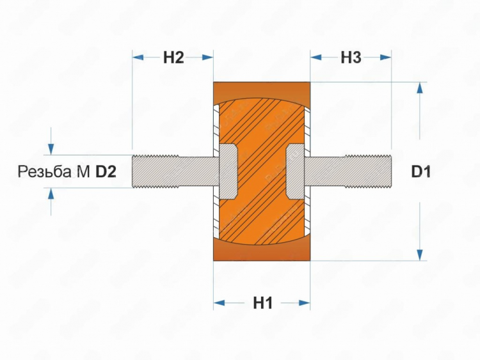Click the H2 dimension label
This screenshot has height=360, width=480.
(x=173, y=58)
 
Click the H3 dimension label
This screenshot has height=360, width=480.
(x=351, y=58)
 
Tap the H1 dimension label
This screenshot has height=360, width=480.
(x=262, y=304)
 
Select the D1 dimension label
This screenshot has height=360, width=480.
(x=421, y=171)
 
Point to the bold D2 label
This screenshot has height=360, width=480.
(x=106, y=171)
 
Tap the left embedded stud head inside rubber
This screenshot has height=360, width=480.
(x=228, y=171)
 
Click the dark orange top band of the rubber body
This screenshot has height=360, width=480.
(x=262, y=88)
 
